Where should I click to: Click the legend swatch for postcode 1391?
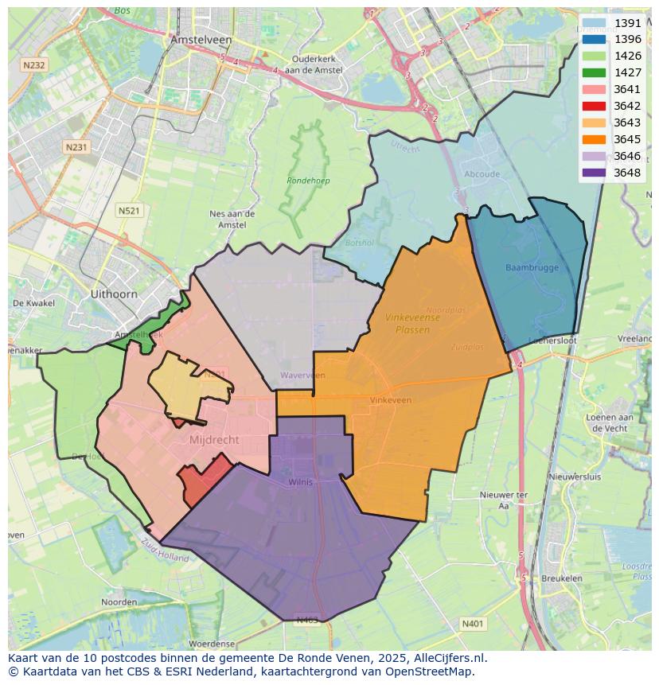[x=594, y=23]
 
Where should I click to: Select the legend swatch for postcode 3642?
[x=594, y=106]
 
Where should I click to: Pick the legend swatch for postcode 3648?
[x=594, y=173]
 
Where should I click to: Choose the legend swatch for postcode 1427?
[x=594, y=72]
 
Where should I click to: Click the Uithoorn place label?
[x=114, y=294]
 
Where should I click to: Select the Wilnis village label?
[x=301, y=481]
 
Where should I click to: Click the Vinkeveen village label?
[x=391, y=400]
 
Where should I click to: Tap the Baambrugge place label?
[x=532, y=267]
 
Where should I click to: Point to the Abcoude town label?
[x=482, y=174]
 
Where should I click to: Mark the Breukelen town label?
[x=561, y=578]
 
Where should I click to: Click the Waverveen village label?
[x=302, y=375]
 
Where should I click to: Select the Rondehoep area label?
[x=308, y=181]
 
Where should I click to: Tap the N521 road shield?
[x=128, y=210]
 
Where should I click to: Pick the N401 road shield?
[x=472, y=624]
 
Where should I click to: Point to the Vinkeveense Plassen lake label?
[x=412, y=323]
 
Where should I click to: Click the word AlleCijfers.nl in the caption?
[x=442, y=658]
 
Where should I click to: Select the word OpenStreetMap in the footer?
[x=430, y=671]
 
